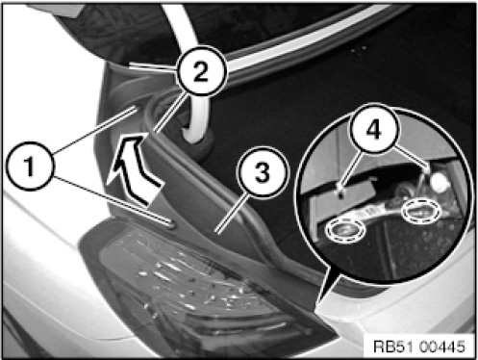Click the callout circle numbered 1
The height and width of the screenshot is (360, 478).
tap(30, 166)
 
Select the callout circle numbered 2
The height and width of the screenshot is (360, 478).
tap(201, 71)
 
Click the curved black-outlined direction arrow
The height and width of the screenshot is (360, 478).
tap(132, 167)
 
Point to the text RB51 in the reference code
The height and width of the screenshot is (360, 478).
tap(392, 347)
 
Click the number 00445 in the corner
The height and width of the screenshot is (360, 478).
tap(441, 347)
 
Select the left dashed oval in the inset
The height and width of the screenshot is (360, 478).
tap(345, 229)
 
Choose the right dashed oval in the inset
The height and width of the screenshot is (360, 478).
tap(421, 211)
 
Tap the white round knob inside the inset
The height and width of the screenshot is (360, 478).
tap(440, 183)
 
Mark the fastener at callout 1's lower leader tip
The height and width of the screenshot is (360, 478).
tap(170, 224)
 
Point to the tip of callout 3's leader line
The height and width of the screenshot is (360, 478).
tap(216, 232)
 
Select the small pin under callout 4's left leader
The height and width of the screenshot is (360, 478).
tap(341, 192)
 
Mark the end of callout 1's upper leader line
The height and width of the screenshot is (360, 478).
tap(134, 109)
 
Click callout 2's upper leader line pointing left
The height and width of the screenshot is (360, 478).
tap(153, 66)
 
